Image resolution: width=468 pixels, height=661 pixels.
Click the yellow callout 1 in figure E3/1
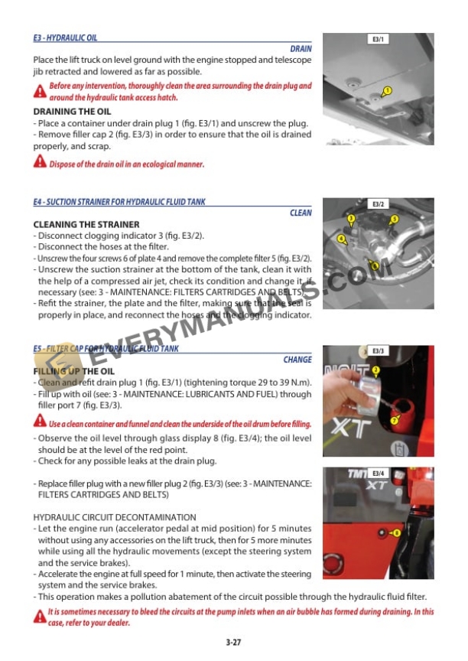click(x=388, y=91)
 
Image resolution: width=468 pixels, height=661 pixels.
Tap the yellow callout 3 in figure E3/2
click(x=351, y=220)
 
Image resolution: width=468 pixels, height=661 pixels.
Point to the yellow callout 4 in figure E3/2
click(x=342, y=239)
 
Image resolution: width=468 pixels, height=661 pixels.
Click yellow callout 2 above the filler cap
click(x=375, y=370)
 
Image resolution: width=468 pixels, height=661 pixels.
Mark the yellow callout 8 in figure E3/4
click(x=396, y=532)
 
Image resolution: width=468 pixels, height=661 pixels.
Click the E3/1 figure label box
click(x=378, y=38)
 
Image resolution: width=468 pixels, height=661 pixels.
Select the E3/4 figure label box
click(x=378, y=474)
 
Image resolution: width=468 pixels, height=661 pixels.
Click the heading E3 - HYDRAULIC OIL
click(x=65, y=37)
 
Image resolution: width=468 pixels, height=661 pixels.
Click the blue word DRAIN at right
click(x=301, y=48)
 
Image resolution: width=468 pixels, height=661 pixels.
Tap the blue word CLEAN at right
click(x=301, y=213)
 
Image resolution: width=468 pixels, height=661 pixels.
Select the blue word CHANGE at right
click(x=297, y=359)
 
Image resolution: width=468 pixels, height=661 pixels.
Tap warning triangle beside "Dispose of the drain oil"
click(x=40, y=162)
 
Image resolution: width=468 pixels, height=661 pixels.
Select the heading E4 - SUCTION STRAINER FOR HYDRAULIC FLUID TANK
click(x=119, y=202)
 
